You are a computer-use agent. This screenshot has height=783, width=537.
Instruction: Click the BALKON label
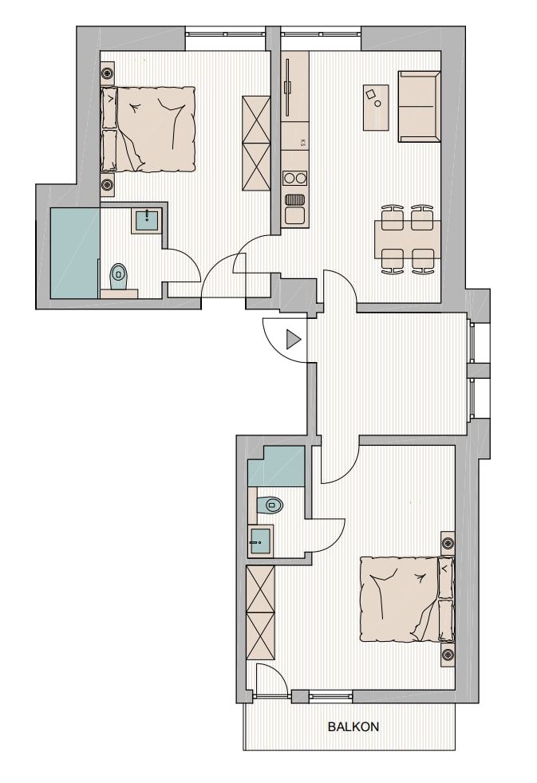(353, 726)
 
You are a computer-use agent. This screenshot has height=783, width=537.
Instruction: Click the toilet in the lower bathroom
(270, 505)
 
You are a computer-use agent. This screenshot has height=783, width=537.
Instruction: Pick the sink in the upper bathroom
(147, 220)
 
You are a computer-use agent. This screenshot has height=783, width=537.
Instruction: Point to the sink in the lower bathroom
(261, 540)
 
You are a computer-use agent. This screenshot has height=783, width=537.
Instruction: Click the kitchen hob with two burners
(294, 179)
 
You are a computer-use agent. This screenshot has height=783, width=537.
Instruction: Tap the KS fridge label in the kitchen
(302, 143)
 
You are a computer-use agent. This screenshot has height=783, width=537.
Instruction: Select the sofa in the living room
(419, 106)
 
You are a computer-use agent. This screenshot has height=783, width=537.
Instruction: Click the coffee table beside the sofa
(376, 108)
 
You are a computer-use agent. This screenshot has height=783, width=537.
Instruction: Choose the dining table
(408, 239)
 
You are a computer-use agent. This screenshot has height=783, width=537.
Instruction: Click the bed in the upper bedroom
(148, 129)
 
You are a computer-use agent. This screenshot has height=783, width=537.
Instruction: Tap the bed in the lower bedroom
(407, 600)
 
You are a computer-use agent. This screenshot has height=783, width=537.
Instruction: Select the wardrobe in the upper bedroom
(256, 144)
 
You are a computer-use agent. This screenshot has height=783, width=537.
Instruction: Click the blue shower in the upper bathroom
(75, 253)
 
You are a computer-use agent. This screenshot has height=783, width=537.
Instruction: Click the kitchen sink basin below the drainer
(294, 215)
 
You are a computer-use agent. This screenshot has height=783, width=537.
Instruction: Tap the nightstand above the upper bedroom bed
(108, 74)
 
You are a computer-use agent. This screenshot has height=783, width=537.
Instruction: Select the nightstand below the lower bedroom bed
(448, 654)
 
